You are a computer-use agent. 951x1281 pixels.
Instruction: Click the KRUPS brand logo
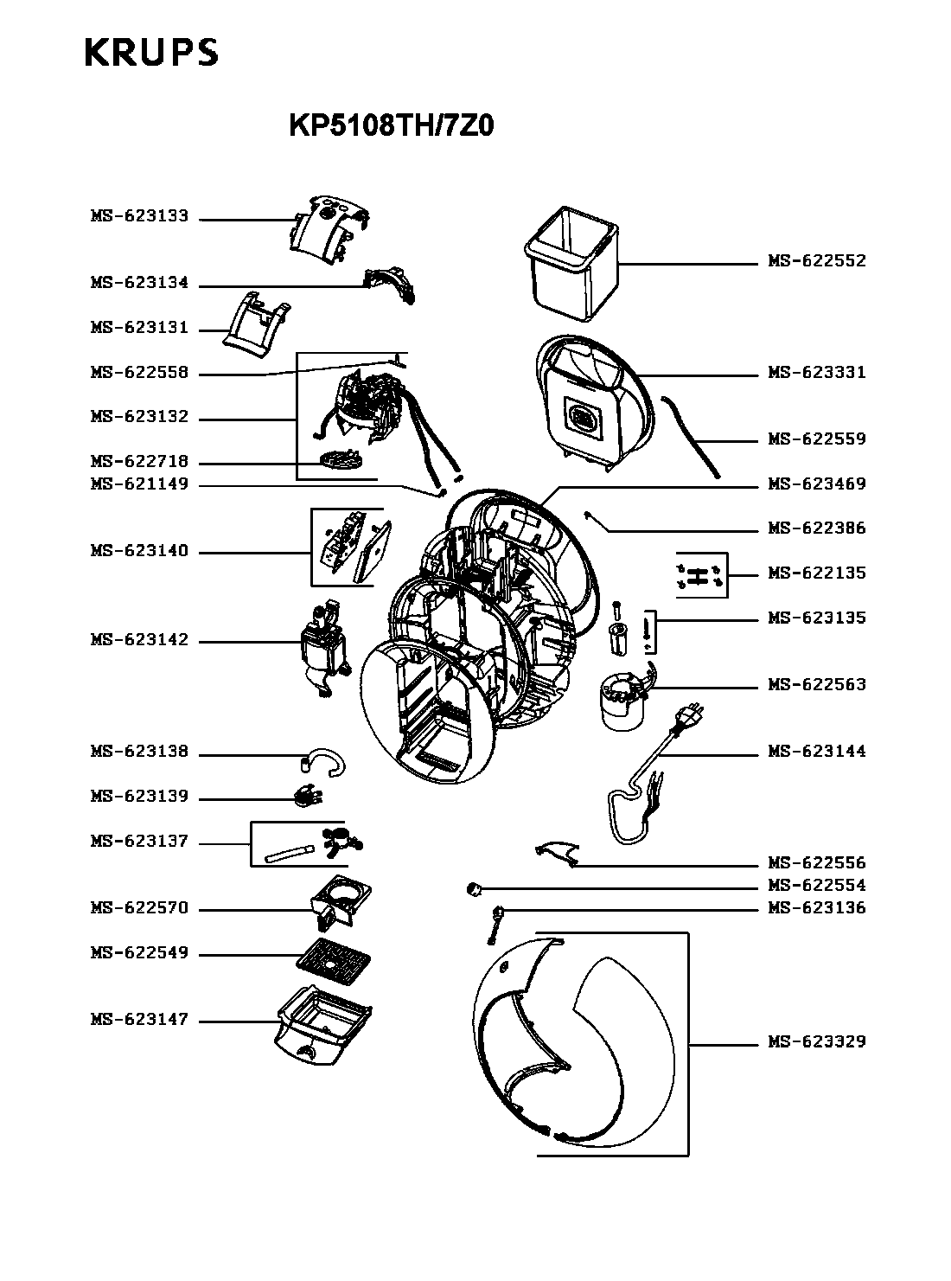tap(151, 52)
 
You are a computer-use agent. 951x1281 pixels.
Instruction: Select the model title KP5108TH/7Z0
tap(391, 125)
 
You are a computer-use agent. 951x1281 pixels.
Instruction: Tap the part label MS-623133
tap(140, 216)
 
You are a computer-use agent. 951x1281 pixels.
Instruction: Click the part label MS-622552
tap(817, 261)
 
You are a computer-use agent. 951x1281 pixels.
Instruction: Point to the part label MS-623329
tap(817, 1042)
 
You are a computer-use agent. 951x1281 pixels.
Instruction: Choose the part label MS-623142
tap(140, 640)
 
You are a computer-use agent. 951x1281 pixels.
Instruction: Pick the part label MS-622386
tap(817, 528)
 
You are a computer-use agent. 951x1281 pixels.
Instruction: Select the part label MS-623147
tap(140, 1020)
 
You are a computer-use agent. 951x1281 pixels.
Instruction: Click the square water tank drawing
tap(571, 264)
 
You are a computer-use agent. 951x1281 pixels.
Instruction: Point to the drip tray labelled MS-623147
tap(323, 1026)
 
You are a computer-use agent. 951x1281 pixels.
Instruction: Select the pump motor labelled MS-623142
tap(324, 648)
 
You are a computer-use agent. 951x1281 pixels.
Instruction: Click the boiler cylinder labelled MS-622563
tap(622, 701)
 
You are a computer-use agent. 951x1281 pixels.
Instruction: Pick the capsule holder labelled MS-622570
tap(341, 903)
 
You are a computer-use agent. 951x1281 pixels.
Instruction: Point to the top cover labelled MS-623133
tap(327, 230)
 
